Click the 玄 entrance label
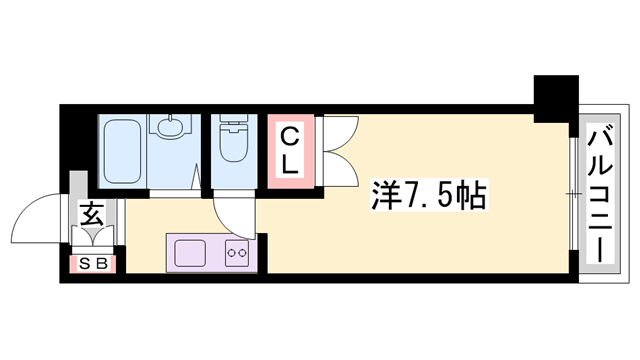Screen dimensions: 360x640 coord(90,213)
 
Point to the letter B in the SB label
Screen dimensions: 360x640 coord(106,265)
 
